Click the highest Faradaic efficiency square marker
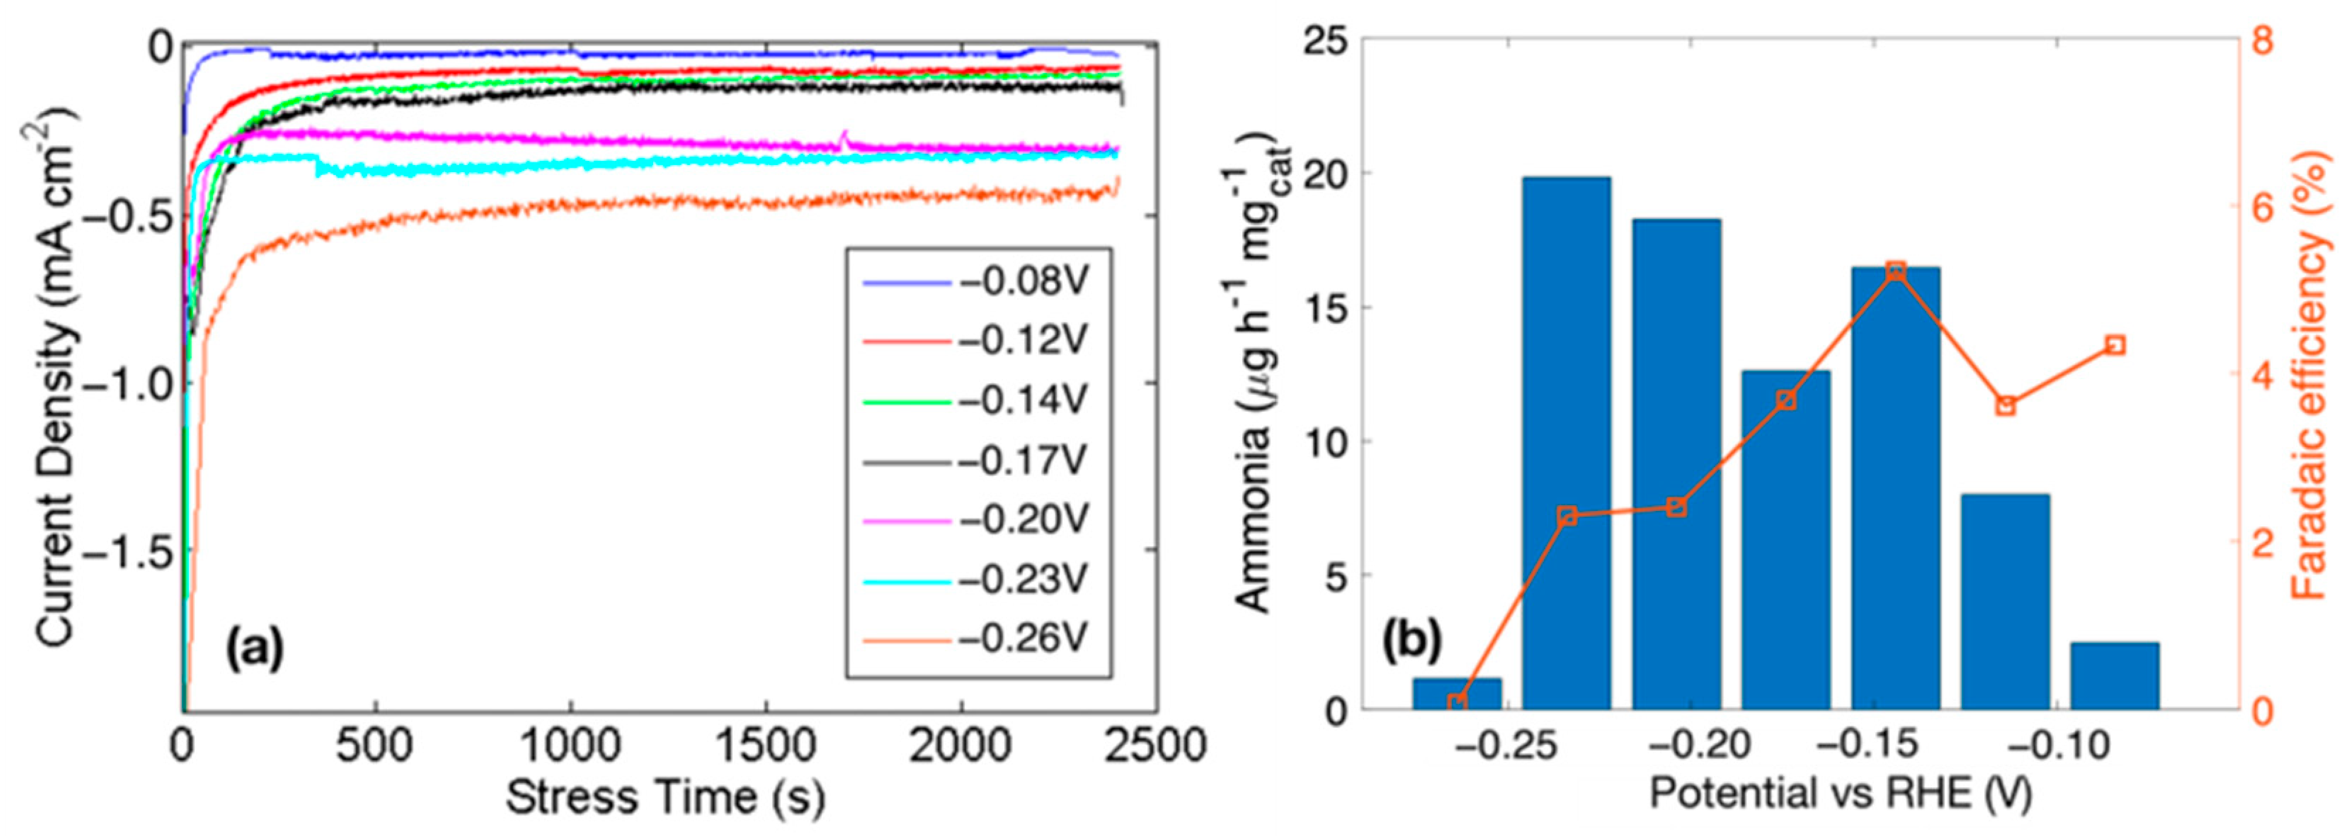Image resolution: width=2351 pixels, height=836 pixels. (1896, 271)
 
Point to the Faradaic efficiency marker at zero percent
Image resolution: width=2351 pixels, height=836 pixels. (1457, 703)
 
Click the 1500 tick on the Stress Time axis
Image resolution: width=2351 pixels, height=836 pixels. (765, 747)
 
